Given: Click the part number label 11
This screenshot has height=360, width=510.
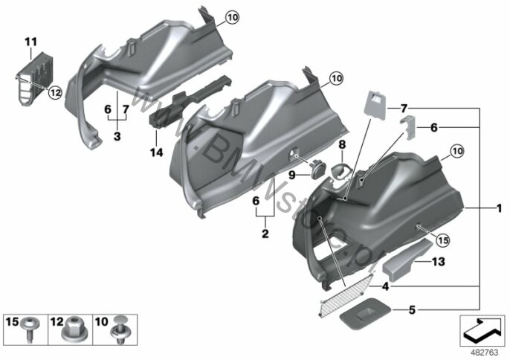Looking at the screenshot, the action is click(x=31, y=42).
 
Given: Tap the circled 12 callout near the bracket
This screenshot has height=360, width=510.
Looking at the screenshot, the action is click(x=55, y=93).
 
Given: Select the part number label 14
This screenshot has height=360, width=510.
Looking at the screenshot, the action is click(x=156, y=152).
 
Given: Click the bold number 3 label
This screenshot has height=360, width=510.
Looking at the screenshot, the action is click(x=117, y=136).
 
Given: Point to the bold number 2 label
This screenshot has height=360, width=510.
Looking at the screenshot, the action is click(x=265, y=234).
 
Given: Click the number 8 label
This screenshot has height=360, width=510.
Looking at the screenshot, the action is click(x=342, y=144).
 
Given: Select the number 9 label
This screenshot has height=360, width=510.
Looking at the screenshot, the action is click(x=291, y=176).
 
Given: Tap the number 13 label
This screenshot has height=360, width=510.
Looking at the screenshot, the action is click(x=438, y=261).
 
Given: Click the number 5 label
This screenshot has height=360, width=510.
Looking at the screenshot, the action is click(x=412, y=310).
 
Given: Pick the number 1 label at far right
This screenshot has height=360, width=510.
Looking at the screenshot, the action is click(x=500, y=208).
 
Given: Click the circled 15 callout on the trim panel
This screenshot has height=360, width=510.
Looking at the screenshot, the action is click(x=442, y=240).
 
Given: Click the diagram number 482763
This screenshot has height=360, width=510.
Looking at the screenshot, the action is click(x=484, y=353).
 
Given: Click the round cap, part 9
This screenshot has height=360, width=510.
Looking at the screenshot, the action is click(x=315, y=169).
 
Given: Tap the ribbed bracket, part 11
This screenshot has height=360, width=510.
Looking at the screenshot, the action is click(x=34, y=79).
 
